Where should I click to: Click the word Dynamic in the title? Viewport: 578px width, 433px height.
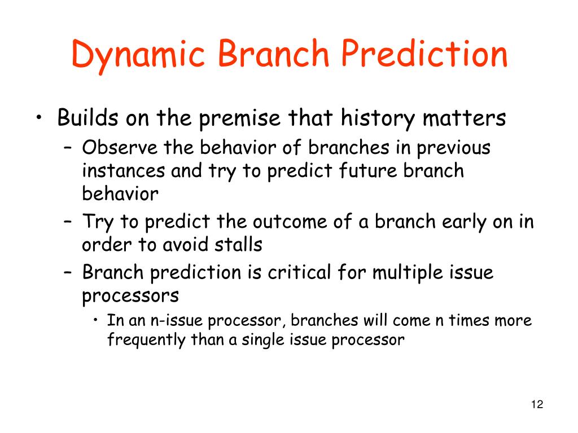(138, 55)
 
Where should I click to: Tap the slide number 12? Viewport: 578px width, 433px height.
(537, 404)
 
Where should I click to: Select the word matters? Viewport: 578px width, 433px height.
(464, 118)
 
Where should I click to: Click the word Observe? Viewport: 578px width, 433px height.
(120, 148)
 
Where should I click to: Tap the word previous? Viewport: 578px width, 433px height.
(453, 149)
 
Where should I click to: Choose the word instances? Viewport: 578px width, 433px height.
(123, 171)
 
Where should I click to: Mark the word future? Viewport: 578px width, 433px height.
(367, 170)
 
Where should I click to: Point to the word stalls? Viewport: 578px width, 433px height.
(238, 244)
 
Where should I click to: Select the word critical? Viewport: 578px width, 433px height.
(299, 272)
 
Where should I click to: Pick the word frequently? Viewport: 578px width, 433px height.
(146, 340)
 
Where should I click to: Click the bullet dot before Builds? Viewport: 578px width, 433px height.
(39, 118)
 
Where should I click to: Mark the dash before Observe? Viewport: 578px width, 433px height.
(68, 149)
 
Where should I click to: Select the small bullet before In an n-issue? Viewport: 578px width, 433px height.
(95, 320)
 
